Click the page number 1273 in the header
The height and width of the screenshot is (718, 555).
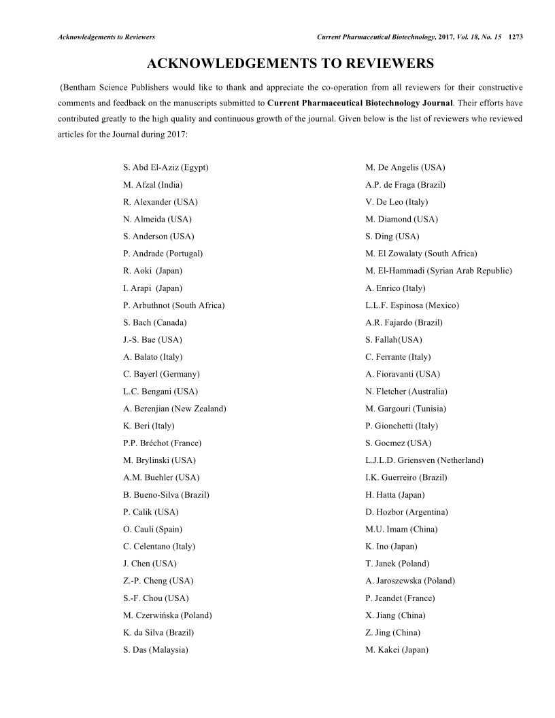(515, 36)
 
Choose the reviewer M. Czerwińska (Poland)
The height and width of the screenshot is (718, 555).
(167, 615)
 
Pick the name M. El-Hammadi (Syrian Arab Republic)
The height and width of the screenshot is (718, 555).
(438, 271)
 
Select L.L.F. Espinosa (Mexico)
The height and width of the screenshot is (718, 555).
(411, 305)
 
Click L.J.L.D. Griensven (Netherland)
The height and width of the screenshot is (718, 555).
(424, 460)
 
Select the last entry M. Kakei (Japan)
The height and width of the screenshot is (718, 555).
(397, 650)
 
